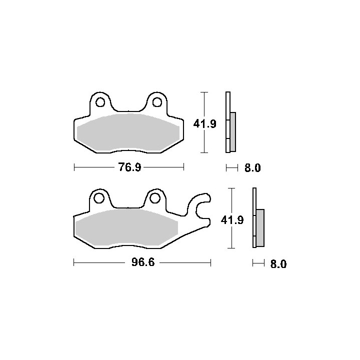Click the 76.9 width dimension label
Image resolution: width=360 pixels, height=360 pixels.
(129, 167)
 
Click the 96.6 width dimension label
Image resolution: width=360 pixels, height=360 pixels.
(143, 262)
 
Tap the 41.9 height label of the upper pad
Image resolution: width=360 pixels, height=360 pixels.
(205, 124)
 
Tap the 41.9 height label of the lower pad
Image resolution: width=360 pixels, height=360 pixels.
(232, 220)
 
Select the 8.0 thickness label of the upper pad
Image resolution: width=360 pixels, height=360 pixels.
(252, 168)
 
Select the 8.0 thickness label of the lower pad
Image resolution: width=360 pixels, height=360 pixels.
(278, 264)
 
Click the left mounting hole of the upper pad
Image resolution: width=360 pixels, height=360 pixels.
(100, 102)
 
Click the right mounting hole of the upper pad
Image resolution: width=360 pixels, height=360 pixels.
(157, 102)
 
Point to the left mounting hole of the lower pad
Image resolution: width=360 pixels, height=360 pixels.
(99, 198)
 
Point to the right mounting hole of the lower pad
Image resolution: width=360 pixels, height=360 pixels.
(155, 198)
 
